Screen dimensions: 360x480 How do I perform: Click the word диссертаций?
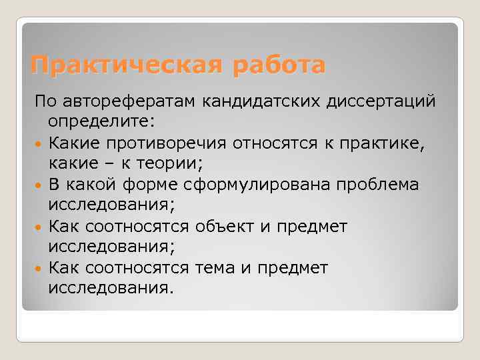tap(383, 101)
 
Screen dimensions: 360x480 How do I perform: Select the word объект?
tap(226, 227)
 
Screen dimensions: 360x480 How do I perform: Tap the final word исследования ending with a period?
tap(111, 289)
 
